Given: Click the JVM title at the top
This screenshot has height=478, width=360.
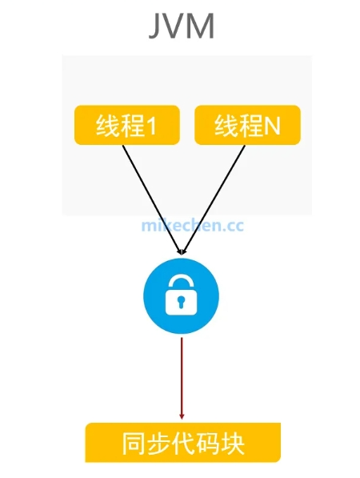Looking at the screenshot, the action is [x=182, y=26].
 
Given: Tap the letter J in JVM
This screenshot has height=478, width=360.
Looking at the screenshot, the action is [x=155, y=26].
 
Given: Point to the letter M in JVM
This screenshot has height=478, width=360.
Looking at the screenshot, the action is [x=201, y=26].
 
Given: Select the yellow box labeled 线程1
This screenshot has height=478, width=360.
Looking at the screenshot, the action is [x=127, y=125].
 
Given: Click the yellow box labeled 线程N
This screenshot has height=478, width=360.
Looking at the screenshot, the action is [x=247, y=125].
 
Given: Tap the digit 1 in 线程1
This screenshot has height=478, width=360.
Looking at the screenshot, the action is [x=151, y=126].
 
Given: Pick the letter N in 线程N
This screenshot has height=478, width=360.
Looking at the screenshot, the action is [x=272, y=126].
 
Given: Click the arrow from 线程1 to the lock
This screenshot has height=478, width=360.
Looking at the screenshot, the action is [x=151, y=199].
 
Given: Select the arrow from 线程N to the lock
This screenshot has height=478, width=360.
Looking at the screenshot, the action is [x=214, y=199].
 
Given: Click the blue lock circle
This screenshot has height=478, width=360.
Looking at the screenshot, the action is [x=182, y=296].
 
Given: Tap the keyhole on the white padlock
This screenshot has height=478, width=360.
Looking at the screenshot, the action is [x=182, y=300].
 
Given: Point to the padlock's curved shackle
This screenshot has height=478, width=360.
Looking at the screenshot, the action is [x=181, y=281].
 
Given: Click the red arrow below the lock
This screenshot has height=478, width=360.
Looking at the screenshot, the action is [x=182, y=378].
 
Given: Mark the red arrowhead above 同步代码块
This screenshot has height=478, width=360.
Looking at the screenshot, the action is [x=182, y=416].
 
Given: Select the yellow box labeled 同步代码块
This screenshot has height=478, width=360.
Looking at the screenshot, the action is [x=182, y=442].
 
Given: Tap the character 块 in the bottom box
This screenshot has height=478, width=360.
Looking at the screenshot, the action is [x=233, y=444].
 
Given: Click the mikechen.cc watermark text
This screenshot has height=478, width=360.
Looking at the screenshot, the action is [x=193, y=226].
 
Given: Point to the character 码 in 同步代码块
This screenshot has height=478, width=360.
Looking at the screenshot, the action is [x=208, y=444].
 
